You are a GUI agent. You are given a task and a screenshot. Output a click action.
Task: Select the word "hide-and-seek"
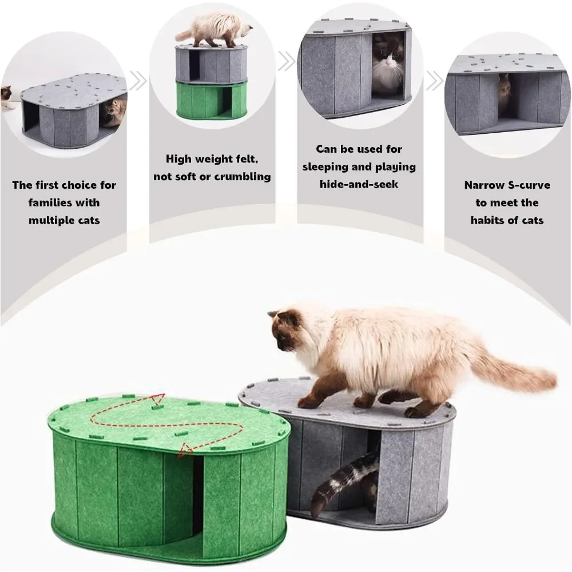[x=359, y=184]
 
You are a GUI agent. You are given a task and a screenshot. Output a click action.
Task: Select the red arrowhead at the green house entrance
[x=185, y=450]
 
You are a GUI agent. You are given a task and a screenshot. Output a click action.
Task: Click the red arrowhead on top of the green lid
[x=158, y=400]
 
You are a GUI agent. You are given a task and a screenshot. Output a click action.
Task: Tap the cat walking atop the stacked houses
[x=213, y=31]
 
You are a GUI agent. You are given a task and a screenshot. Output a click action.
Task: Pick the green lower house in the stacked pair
[x=212, y=99]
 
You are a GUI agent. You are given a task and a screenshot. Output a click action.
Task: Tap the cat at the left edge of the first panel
[x=7, y=97]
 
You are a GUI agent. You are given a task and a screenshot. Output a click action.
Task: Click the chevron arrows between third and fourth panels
[x=435, y=81]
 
